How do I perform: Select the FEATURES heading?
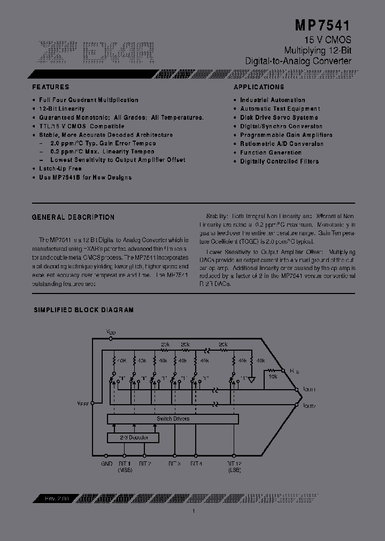(51, 87)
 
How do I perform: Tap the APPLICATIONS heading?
(259, 87)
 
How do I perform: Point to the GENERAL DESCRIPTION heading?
(73, 217)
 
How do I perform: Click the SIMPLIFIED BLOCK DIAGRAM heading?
(84, 310)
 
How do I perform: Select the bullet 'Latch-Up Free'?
(60, 168)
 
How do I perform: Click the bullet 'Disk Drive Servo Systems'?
(279, 118)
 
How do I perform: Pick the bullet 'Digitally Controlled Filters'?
(279, 161)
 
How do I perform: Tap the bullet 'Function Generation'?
(271, 152)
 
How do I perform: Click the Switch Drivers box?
(173, 419)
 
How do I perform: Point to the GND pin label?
(107, 463)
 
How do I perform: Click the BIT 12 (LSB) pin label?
(234, 467)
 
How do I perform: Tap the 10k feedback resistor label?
(273, 377)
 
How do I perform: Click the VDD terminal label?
(111, 333)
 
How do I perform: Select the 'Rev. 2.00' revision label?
(47, 498)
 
